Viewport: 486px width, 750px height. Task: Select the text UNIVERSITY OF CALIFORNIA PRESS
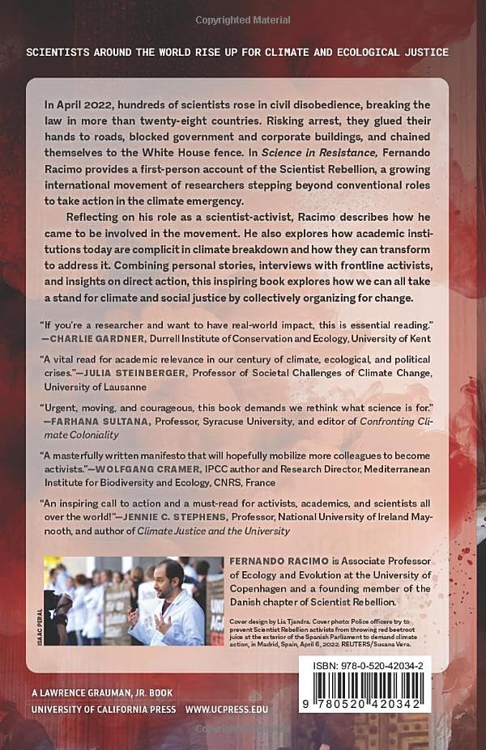coord(91,710)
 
